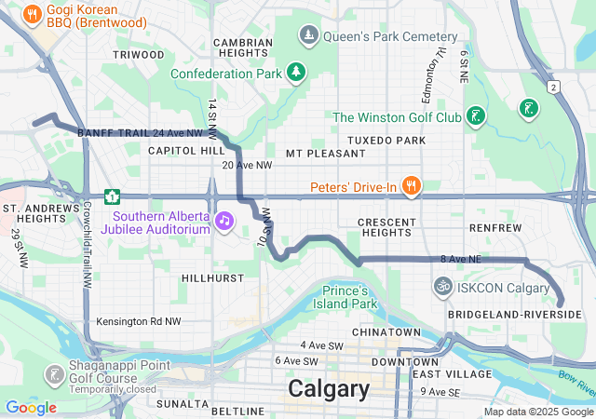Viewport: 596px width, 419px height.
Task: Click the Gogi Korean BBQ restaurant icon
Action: click(x=33, y=14)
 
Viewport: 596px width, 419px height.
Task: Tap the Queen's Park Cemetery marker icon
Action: click(x=308, y=36)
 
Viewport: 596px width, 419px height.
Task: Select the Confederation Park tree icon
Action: click(x=296, y=72)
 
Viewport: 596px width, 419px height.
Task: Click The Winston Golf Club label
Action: click(x=397, y=117)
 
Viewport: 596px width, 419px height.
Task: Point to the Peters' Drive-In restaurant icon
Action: click(x=409, y=184)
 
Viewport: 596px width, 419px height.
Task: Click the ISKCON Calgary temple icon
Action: click(x=443, y=287)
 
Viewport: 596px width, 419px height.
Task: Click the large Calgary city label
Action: click(x=329, y=387)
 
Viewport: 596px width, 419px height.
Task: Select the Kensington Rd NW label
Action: click(x=139, y=322)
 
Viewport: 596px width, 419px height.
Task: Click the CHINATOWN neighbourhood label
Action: click(x=386, y=332)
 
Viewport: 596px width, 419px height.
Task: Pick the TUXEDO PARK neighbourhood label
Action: click(x=386, y=141)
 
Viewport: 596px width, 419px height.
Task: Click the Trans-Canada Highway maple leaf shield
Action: click(x=113, y=196)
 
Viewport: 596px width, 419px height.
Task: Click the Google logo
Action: click(x=31, y=407)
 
